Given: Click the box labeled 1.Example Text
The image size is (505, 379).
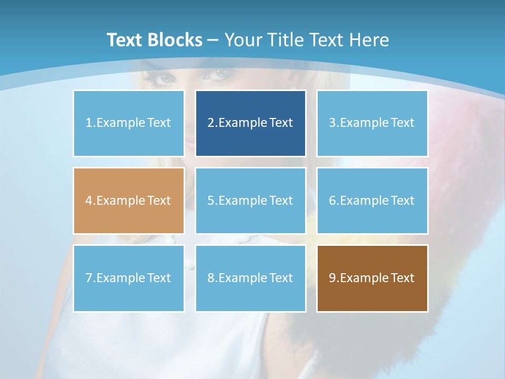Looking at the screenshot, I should (128, 123).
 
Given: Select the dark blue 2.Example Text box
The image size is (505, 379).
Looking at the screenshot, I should (250, 123).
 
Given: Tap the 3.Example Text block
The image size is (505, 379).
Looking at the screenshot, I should (372, 123).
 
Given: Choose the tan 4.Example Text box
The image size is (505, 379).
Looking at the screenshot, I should (128, 201).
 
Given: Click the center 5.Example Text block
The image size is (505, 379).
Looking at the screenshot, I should (250, 201).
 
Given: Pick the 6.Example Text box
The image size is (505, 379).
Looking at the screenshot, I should (372, 201).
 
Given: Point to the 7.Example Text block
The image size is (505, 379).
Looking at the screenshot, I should (128, 278).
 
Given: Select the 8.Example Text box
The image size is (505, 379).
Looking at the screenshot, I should (250, 278).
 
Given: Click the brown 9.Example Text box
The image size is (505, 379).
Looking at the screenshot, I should (372, 278).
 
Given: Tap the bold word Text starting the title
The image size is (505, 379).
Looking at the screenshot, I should (125, 40).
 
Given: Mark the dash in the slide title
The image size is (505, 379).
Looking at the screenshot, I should (213, 40).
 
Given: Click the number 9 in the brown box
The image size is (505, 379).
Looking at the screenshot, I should (332, 278).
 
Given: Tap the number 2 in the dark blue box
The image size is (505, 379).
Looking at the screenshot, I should (210, 123).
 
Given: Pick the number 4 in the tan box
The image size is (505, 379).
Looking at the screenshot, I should (89, 201).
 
